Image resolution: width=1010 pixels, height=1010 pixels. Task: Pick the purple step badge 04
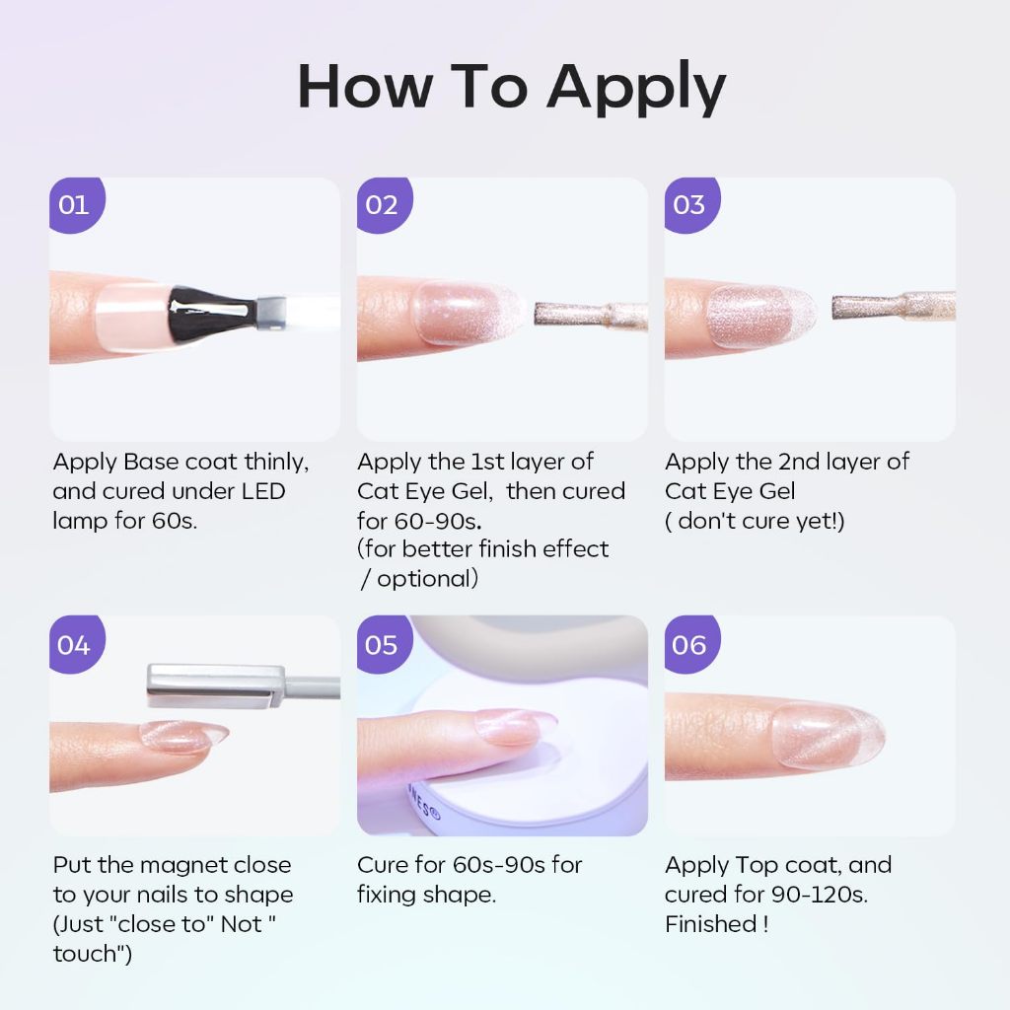[x=76, y=644]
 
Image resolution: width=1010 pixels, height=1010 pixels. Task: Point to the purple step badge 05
[x=384, y=644]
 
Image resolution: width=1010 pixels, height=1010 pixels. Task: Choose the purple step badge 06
[x=691, y=644]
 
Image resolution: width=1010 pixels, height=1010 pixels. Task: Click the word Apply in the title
[x=636, y=89]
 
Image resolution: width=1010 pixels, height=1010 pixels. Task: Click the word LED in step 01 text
[x=262, y=491]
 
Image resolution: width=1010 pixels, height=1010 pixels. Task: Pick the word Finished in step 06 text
[x=710, y=924]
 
